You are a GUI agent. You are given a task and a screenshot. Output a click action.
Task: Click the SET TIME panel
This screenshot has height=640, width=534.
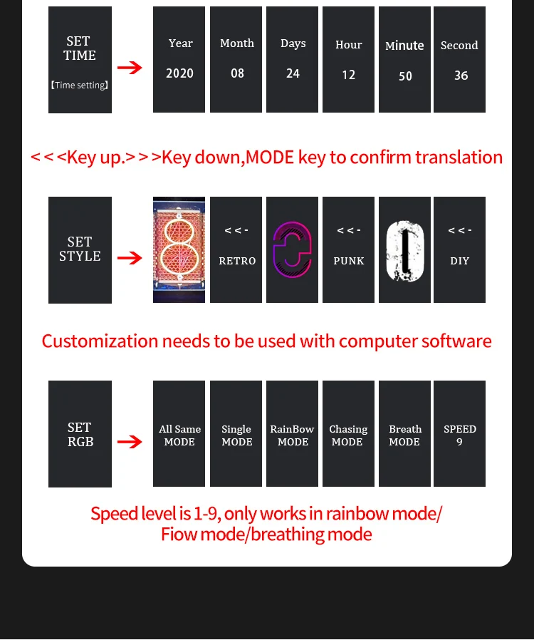pyautogui.click(x=80, y=60)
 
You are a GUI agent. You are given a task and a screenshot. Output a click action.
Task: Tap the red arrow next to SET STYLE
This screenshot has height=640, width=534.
pyautogui.click(x=130, y=258)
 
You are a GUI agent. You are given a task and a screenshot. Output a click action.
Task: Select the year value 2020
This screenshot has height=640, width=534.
pyautogui.click(x=179, y=73)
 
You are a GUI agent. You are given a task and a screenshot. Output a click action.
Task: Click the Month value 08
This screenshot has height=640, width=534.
pyautogui.click(x=237, y=73)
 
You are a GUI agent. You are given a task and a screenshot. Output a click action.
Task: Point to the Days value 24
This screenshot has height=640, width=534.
pyautogui.click(x=293, y=73)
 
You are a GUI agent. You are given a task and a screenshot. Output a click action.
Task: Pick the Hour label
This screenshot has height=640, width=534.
pyautogui.click(x=349, y=45)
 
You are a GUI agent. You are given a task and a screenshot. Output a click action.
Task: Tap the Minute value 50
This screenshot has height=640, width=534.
pyautogui.click(x=405, y=76)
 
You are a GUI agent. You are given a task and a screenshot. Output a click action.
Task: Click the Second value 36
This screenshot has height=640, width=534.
pyautogui.click(x=461, y=76)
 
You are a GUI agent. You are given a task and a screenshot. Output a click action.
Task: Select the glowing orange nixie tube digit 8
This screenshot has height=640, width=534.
pyautogui.click(x=179, y=249)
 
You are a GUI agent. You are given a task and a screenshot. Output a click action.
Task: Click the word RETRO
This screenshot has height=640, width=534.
pyautogui.click(x=237, y=261)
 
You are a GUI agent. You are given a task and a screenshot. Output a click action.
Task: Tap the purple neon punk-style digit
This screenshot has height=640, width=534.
pyautogui.click(x=293, y=249)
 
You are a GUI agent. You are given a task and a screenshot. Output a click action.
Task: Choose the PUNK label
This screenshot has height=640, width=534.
pyautogui.click(x=349, y=261)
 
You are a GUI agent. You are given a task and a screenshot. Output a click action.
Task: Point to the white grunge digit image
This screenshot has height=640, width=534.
pyautogui.click(x=404, y=250)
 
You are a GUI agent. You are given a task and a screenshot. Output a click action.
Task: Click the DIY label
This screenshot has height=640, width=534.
pyautogui.click(x=460, y=261)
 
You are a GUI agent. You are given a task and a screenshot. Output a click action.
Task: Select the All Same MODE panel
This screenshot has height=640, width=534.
pyautogui.click(x=179, y=434)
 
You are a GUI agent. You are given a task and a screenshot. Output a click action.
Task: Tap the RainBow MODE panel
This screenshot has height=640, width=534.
pyautogui.click(x=293, y=434)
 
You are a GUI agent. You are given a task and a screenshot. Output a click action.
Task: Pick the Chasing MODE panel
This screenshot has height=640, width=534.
pyautogui.click(x=348, y=434)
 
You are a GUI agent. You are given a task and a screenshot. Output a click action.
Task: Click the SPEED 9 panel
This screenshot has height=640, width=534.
pyautogui.click(x=460, y=434)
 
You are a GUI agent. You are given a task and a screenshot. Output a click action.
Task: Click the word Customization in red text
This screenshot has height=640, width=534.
pyautogui.click(x=100, y=341)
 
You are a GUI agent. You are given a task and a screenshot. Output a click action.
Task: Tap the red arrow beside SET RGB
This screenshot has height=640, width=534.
pyautogui.click(x=130, y=443)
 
